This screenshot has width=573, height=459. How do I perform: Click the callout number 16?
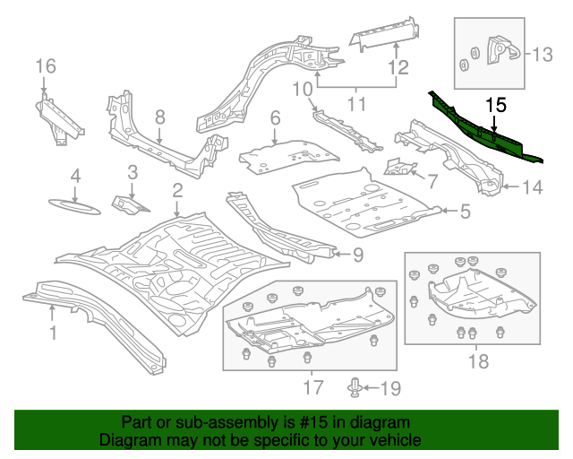pos(45,65)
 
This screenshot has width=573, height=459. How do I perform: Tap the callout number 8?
pos(159,117)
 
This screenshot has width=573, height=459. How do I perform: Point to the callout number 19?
pos(391,388)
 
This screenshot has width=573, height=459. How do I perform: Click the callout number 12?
pos(398,66)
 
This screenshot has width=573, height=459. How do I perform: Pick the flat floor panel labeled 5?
pos(367,202)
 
